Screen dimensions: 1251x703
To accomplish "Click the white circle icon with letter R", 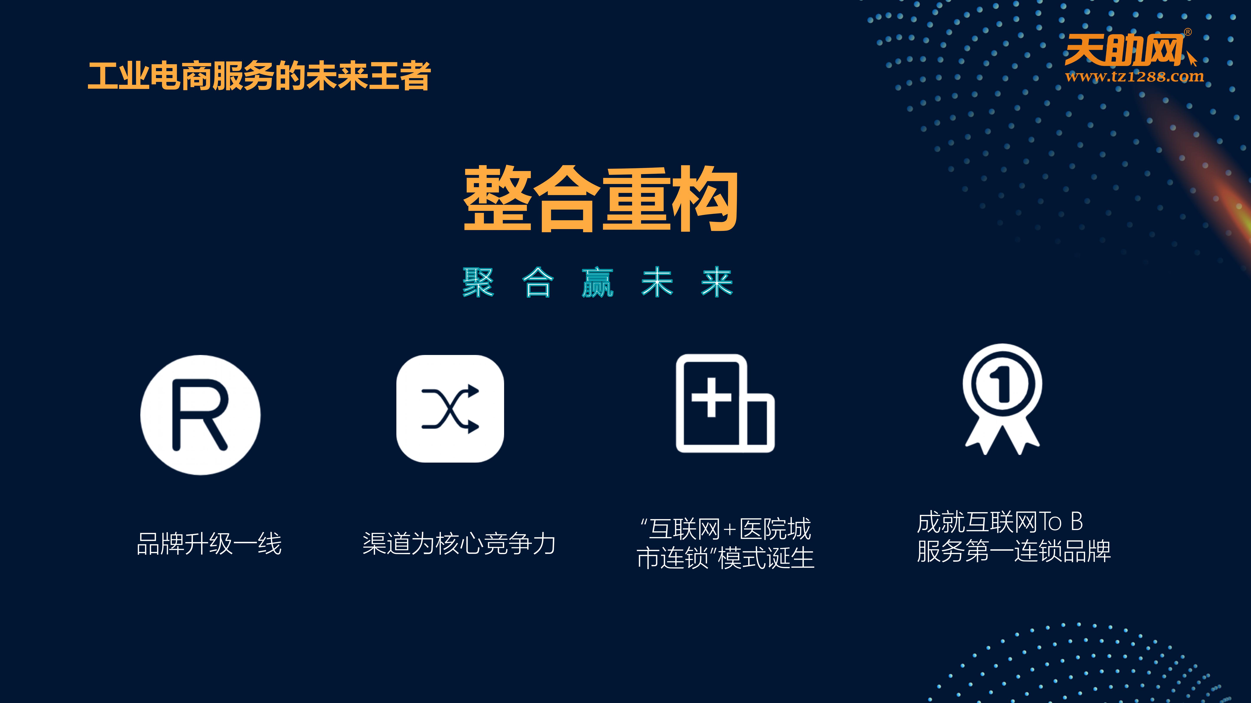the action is point(200,415).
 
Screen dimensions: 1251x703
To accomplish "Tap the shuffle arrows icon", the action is point(450,409).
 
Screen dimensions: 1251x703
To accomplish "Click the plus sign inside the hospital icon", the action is point(712,397).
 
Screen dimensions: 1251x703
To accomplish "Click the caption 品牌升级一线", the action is point(209,543).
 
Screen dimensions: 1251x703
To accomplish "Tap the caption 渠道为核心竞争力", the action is point(459,543).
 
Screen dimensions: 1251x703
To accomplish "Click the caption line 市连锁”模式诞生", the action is point(726,558).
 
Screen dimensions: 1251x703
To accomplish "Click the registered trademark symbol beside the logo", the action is point(1188,32).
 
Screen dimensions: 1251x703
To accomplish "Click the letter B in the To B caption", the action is point(1077,522).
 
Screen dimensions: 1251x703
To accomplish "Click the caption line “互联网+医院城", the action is point(726,529).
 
